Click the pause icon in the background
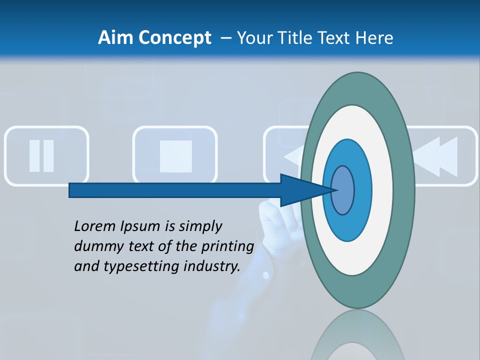(x=42, y=156)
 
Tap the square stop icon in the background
(x=175, y=156)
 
